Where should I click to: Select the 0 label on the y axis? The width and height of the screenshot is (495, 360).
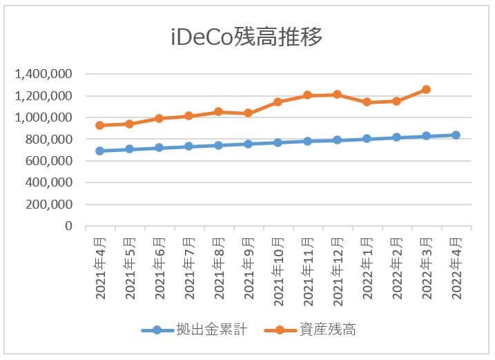pos(68,226)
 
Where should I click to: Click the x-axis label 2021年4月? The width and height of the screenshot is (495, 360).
pos(100,266)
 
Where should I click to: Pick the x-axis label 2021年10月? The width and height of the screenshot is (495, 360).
pos(278,269)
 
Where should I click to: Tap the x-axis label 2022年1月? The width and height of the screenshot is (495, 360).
pos(367,266)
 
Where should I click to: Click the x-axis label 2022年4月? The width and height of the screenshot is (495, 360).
pos(456,266)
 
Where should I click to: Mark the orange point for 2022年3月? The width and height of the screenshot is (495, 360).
pos(426,89)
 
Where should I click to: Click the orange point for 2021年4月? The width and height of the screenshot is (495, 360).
pos(99,125)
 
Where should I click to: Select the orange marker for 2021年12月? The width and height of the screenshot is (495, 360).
pos(337,94)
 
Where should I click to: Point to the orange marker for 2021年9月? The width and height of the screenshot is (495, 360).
pos(248,113)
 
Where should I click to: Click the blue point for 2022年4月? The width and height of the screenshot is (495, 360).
pos(456,135)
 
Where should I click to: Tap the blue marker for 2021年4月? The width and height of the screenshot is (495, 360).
pos(99,151)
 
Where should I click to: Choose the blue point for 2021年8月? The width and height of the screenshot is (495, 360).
pos(218,145)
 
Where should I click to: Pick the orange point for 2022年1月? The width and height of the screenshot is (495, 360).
pos(367,102)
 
